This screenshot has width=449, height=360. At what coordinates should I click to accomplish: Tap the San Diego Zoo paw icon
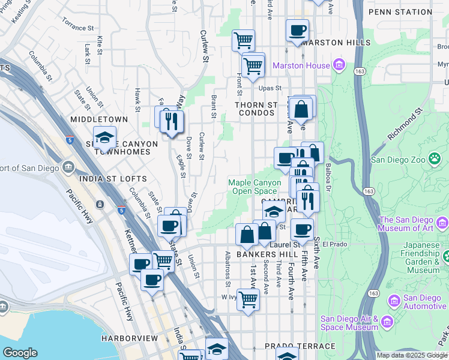click(434, 159)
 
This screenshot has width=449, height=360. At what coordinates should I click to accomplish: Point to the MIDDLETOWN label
click(99, 119)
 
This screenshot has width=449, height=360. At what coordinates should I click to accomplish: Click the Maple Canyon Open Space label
click(255, 187)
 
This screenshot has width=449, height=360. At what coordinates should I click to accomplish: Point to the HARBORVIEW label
click(129, 338)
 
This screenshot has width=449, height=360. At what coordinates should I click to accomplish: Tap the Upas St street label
click(270, 88)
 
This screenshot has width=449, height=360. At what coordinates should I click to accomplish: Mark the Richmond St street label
click(405, 124)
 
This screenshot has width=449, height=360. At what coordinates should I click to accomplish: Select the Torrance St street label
click(78, 24)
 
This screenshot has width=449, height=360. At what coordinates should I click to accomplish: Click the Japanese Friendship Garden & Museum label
click(412, 257)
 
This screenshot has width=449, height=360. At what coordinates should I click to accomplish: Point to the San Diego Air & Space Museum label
click(349, 323)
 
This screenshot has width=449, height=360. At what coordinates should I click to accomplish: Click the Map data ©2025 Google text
click(411, 355)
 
